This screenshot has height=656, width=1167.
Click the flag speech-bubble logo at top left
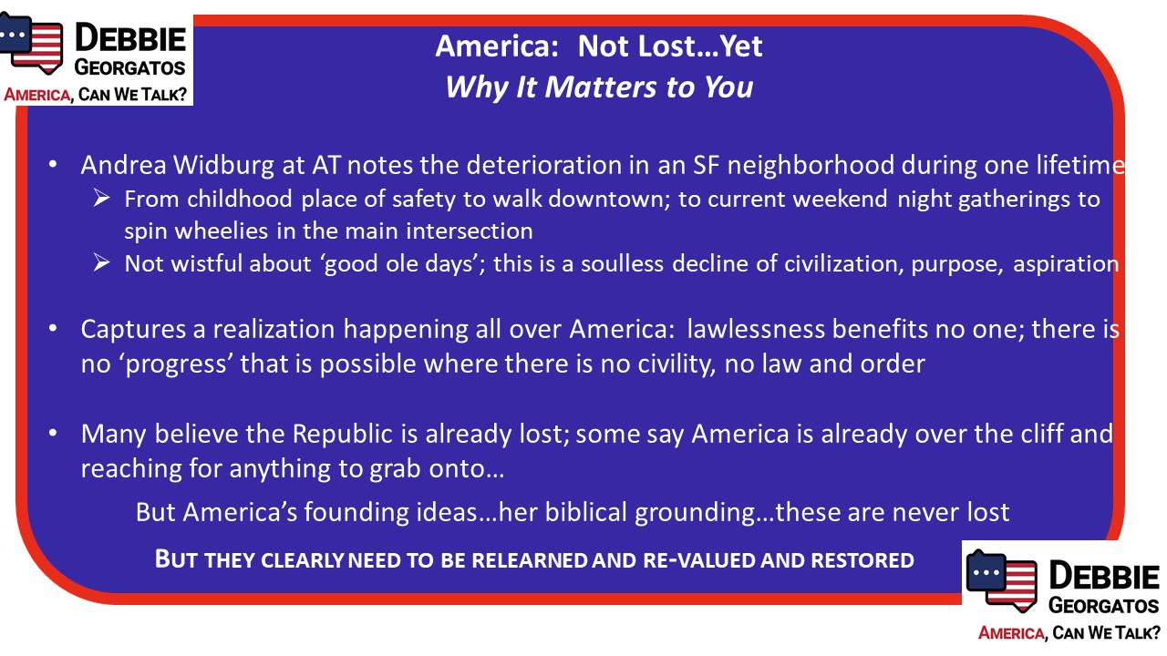pos(31,44)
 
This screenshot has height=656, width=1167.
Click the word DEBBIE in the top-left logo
pos(130,38)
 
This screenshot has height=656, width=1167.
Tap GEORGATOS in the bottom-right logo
pos(1103,606)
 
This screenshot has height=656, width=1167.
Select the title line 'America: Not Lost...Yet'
pos(599,46)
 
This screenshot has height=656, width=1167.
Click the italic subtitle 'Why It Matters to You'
pos(599,87)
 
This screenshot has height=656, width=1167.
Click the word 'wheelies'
pos(222,231)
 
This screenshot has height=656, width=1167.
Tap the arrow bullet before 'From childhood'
pos(101,199)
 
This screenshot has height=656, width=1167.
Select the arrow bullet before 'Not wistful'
pos(101,262)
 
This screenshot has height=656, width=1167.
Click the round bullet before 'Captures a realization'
pos(53,329)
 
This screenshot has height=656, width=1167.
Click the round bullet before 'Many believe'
pos(53,433)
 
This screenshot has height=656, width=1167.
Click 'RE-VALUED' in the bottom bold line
pos(698,560)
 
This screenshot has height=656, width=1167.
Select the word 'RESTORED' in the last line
pos(862,560)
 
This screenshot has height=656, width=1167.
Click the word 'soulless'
pos(622,263)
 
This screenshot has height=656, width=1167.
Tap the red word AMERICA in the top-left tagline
pos(36,95)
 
